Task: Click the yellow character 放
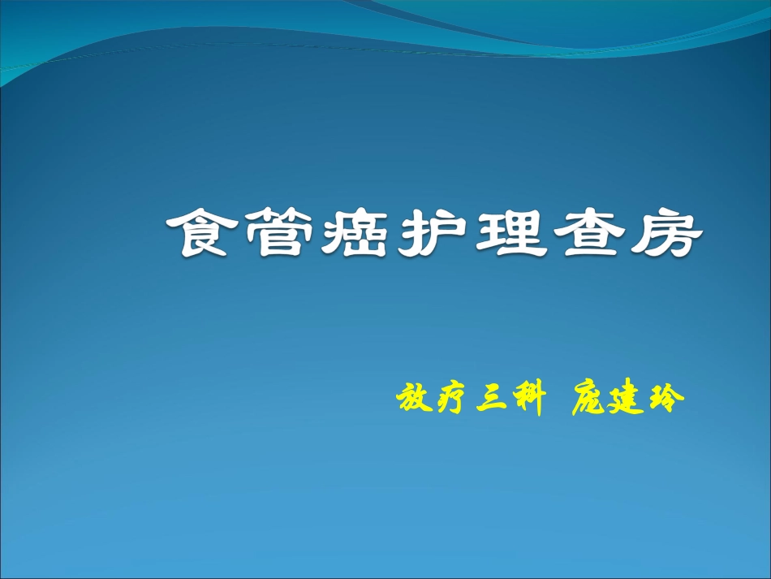[413, 400]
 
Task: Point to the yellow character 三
[490, 400]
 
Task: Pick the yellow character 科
[526, 400]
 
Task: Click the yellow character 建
[625, 400]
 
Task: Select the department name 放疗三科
[469, 400]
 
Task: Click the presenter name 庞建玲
[626, 400]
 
